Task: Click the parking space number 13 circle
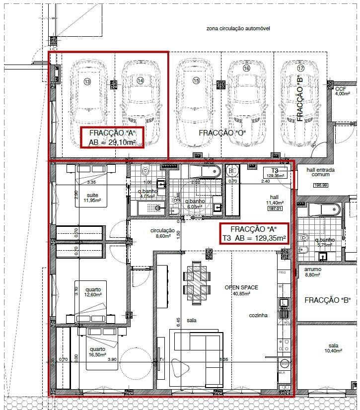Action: pyautogui.click(x=88, y=81)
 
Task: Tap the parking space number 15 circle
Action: pyautogui.click(x=196, y=80)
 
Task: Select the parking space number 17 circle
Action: pyautogui.click(x=300, y=68)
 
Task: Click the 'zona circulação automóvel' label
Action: pyautogui.click(x=238, y=29)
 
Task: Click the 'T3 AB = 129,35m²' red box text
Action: pyautogui.click(x=254, y=238)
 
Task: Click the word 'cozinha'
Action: pyautogui.click(x=258, y=315)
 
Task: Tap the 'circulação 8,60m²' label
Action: pyautogui.click(x=163, y=233)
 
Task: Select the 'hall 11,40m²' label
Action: pyautogui.click(x=275, y=200)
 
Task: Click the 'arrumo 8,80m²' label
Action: pyautogui.click(x=313, y=272)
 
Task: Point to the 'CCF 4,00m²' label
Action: pyautogui.click(x=342, y=91)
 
